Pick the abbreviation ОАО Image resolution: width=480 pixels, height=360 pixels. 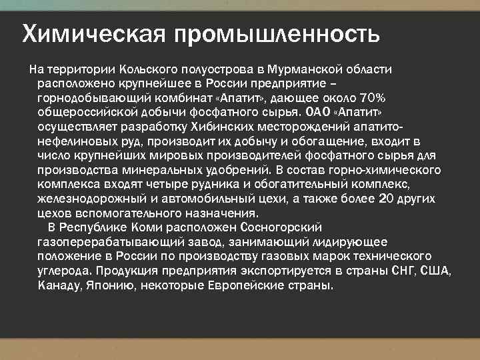point(317,111)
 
